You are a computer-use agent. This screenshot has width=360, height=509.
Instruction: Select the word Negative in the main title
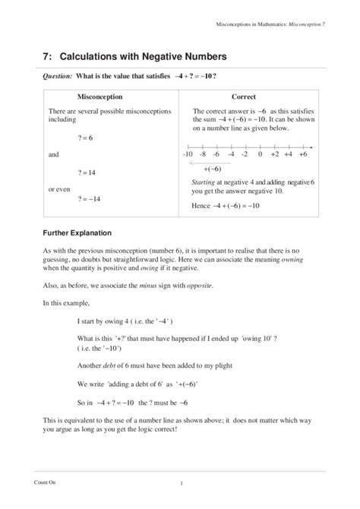pyautogui.click(x=138, y=56)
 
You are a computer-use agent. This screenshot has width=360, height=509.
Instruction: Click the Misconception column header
pyautogui.click(x=105, y=97)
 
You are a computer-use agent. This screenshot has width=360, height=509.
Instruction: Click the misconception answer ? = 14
pyautogui.click(x=85, y=172)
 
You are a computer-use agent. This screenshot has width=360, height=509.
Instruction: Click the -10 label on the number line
pyautogui.click(x=189, y=154)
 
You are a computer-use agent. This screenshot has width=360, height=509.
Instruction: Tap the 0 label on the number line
pyautogui.click(x=260, y=154)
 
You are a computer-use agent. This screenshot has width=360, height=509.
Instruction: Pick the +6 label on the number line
pyautogui.click(x=302, y=154)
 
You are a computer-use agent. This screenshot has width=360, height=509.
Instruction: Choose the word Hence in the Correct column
pyautogui.click(x=201, y=206)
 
